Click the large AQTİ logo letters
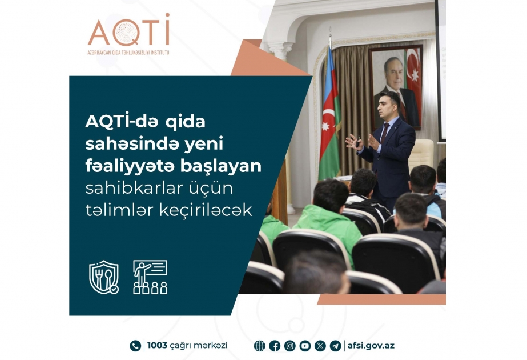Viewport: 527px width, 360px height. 128,30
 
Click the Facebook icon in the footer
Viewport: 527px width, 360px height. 275,346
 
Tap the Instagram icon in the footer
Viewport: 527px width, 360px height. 289,346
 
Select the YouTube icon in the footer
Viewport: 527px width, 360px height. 305,346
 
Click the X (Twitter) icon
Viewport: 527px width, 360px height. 320,346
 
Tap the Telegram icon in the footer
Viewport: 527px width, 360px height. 335,346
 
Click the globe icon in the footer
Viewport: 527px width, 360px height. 259,346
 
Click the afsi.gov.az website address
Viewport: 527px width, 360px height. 371,346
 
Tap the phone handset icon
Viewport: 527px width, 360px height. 135,346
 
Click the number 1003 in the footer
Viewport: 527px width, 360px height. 157,346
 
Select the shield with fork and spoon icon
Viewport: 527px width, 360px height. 104,277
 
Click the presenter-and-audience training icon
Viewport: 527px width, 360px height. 150,277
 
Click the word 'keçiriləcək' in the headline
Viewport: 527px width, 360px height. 206,211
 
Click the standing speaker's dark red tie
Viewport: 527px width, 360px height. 384,133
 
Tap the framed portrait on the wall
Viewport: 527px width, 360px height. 396,87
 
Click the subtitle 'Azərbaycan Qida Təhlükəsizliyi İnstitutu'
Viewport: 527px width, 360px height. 128,53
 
